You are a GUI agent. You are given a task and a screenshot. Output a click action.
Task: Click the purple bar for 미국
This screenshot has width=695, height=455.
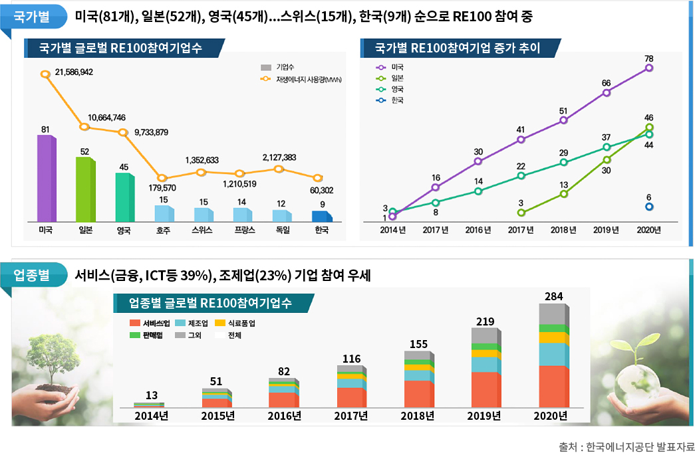(46, 179)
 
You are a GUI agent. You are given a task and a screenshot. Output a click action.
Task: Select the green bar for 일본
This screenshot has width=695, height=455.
(84, 190)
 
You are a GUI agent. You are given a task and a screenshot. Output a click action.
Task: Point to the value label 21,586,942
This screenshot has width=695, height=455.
(74, 72)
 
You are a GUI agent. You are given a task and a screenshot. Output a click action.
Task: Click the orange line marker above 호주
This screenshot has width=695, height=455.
(162, 178)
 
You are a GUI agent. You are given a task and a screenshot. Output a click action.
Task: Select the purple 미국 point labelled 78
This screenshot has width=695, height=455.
(648, 68)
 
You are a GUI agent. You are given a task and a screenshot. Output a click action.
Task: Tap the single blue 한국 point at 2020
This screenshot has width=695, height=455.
(648, 207)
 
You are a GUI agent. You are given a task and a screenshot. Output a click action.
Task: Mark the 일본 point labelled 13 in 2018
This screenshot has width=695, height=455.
(563, 194)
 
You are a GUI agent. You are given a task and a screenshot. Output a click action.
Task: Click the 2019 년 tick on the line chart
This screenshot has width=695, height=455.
(606, 230)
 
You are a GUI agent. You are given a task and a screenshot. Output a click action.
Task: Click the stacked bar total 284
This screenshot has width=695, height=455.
(553, 296)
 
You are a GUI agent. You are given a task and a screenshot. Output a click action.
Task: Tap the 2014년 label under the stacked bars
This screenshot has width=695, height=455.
(151, 416)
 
